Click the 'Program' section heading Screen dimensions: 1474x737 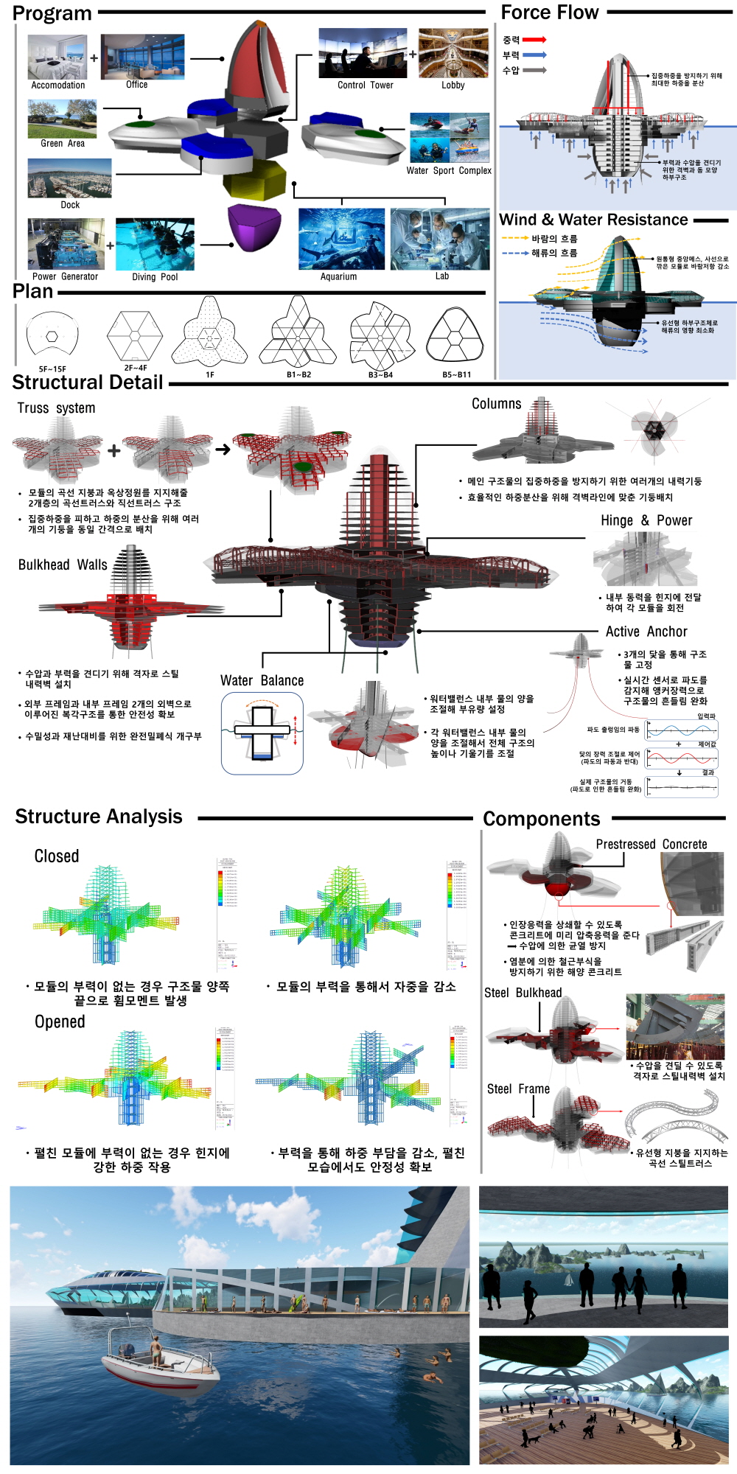point(52,13)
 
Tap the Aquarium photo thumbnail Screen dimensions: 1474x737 point(341,239)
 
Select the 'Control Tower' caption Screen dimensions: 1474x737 point(365,85)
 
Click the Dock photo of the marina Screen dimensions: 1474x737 point(70,178)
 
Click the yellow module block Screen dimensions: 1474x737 point(254,179)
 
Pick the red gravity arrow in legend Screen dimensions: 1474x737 point(534,40)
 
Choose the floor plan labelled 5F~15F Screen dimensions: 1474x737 point(52,336)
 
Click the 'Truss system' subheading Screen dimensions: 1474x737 point(56,408)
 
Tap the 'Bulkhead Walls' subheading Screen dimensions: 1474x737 point(63,565)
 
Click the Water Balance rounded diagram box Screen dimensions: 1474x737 point(262,733)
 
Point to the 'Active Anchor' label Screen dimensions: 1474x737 point(646,632)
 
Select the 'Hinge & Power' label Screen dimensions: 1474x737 point(646,520)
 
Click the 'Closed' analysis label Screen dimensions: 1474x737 point(57,856)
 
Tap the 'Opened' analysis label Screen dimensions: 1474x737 point(60,1022)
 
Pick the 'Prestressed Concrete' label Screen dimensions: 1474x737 point(652,845)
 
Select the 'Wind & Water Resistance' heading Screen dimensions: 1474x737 point(593,220)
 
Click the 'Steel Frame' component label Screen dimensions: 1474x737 point(518,1089)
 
